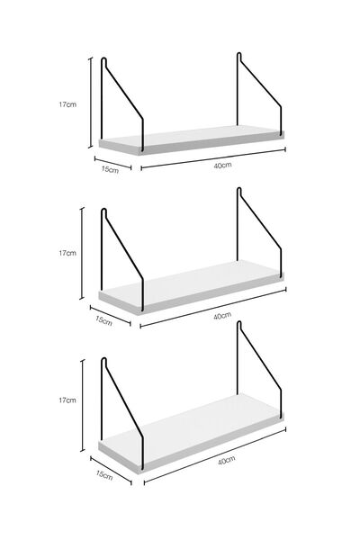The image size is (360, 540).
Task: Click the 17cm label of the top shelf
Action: click(x=67, y=104)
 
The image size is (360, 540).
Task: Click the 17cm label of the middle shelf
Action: click(x=67, y=253)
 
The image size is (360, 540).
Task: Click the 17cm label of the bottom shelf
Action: click(x=67, y=400)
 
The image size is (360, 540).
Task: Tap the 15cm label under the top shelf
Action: click(x=110, y=170)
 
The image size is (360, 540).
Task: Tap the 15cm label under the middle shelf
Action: click(x=104, y=320)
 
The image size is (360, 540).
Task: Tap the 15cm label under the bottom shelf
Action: click(x=104, y=475)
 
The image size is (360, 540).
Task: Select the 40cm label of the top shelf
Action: click(x=222, y=165)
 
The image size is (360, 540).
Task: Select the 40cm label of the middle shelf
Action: click(x=222, y=316)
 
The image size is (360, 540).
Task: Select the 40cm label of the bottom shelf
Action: click(x=226, y=460)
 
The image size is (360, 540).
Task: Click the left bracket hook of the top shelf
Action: click(x=103, y=61)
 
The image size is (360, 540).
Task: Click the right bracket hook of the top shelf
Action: click(x=239, y=56)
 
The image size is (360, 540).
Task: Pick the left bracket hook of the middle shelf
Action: click(x=103, y=212)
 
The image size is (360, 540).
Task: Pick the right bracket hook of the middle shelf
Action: click(x=239, y=191)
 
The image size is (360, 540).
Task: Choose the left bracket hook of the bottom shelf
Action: click(x=103, y=362)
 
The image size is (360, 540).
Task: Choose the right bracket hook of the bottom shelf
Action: click(x=239, y=325)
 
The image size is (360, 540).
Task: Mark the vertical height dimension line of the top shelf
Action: click(x=91, y=103)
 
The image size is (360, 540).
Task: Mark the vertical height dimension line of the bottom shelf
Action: click(x=82, y=405)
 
